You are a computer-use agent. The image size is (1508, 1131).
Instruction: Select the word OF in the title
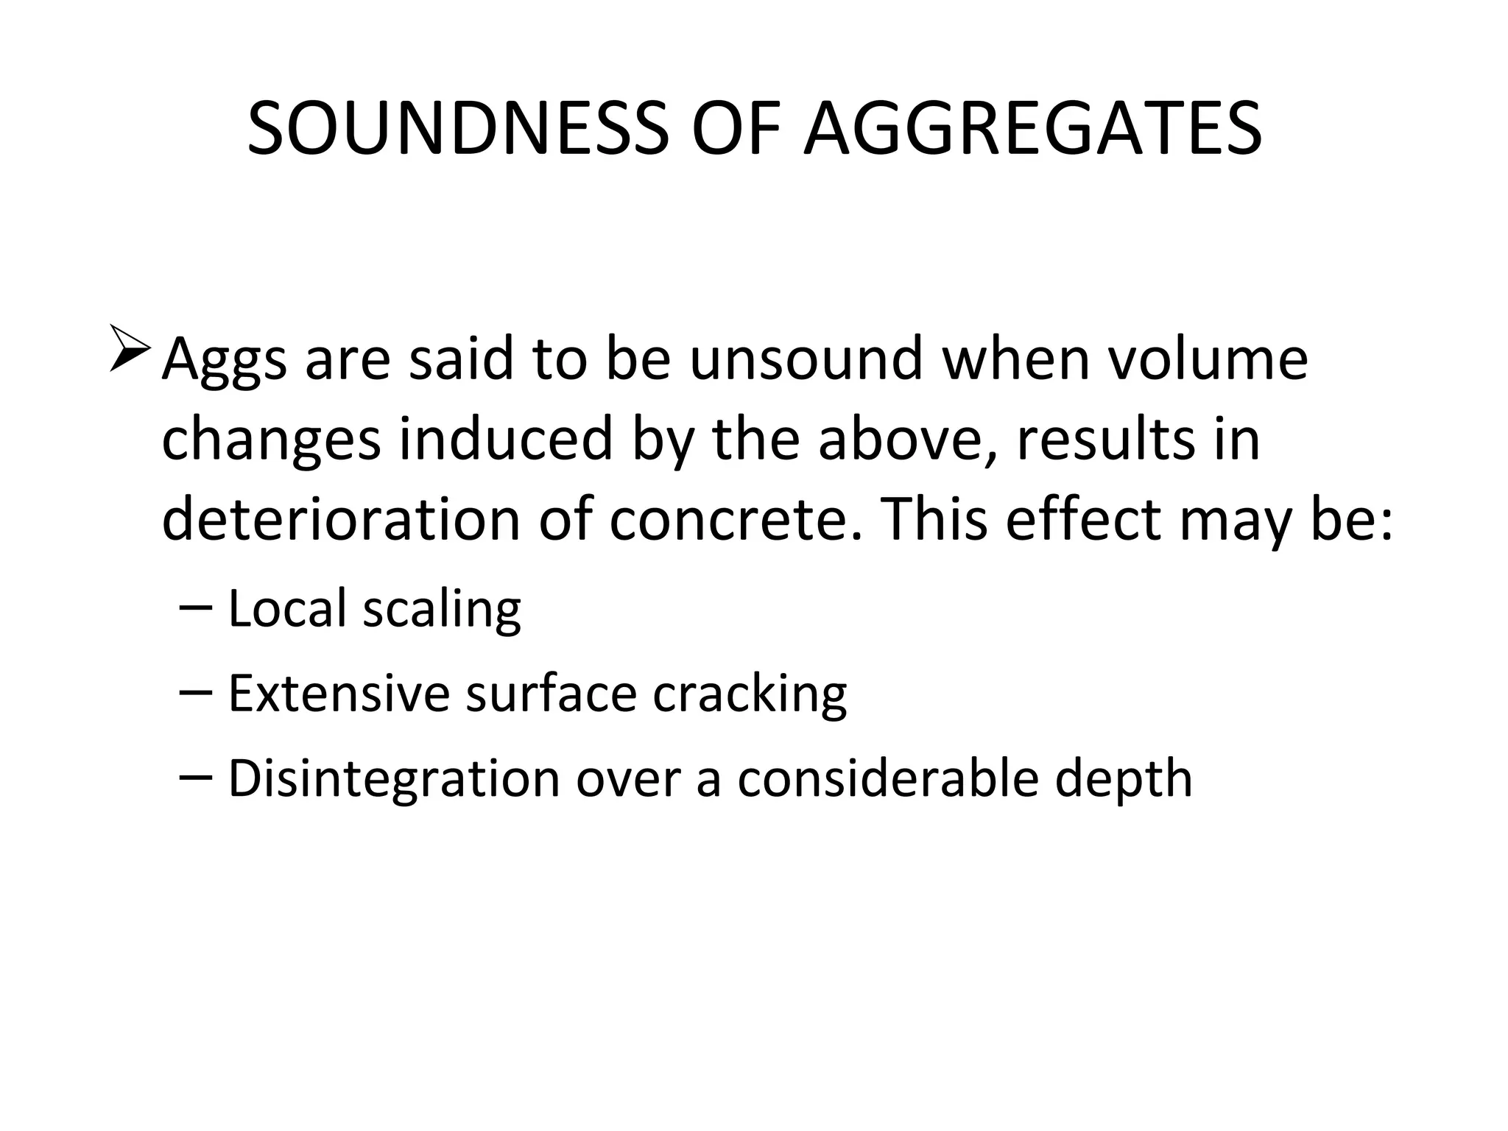[736, 130]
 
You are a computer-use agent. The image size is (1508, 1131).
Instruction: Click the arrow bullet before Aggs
[131, 348]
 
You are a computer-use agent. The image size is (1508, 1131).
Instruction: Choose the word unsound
[806, 359]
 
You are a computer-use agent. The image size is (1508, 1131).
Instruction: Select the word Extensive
[339, 694]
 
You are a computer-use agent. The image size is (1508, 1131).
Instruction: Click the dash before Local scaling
[195, 608]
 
